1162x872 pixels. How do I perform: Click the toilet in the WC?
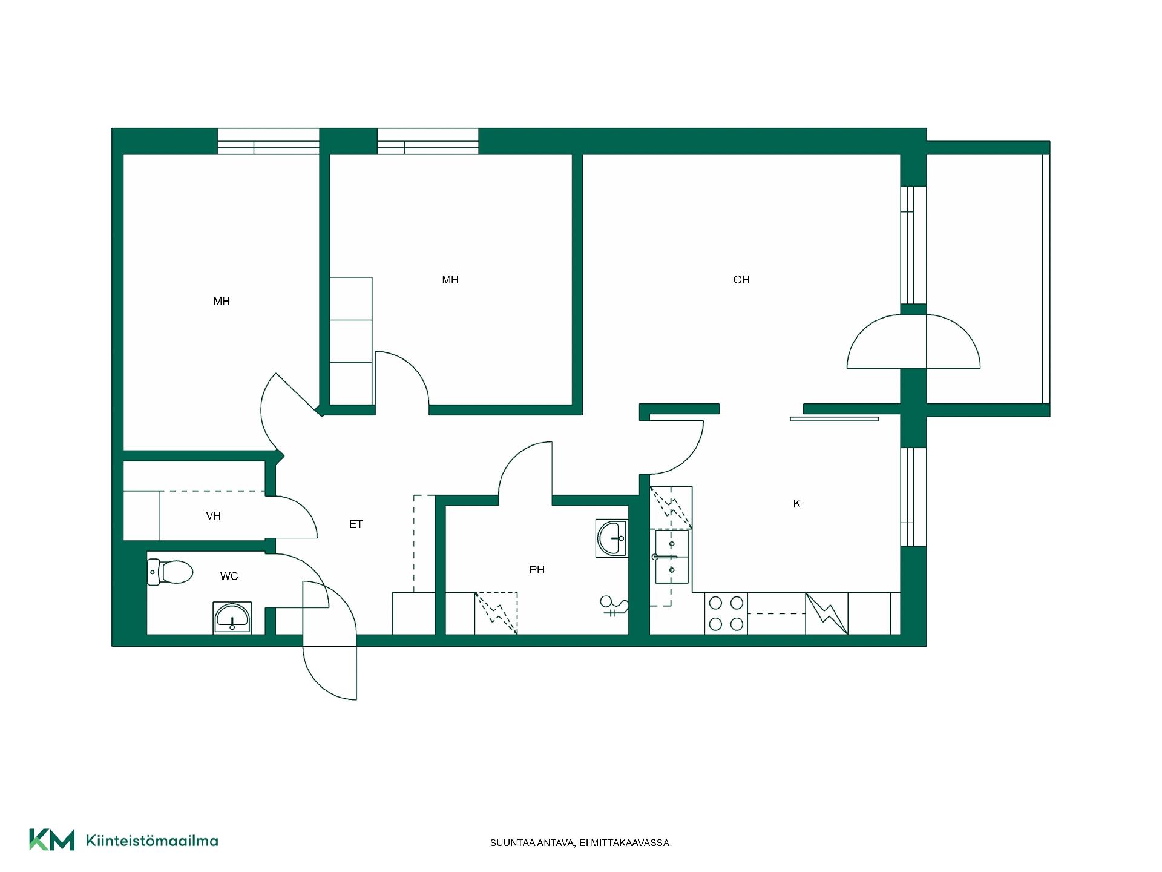point(170,572)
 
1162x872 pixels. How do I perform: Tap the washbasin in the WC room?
point(232,618)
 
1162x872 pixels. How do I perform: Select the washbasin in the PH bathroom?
point(611,538)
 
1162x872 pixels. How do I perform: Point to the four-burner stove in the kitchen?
point(726,613)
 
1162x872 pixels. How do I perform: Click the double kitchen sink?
point(672,557)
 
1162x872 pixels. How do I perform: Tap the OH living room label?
point(741,280)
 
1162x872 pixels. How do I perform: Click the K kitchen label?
point(797,504)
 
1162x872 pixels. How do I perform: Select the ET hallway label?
point(356,524)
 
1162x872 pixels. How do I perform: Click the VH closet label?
point(213,516)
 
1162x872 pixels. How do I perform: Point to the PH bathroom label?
point(537,570)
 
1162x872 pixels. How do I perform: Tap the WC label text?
point(229,576)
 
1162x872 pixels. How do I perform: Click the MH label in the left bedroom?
point(222,302)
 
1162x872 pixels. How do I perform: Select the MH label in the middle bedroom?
point(450,280)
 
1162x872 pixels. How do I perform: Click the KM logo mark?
point(52,840)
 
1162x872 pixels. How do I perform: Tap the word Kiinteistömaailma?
point(153,841)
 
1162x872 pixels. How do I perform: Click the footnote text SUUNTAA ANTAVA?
point(533,843)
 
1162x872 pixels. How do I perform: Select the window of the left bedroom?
point(268,141)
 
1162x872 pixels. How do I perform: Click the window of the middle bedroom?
point(428,141)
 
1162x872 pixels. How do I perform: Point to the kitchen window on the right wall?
point(913,497)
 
